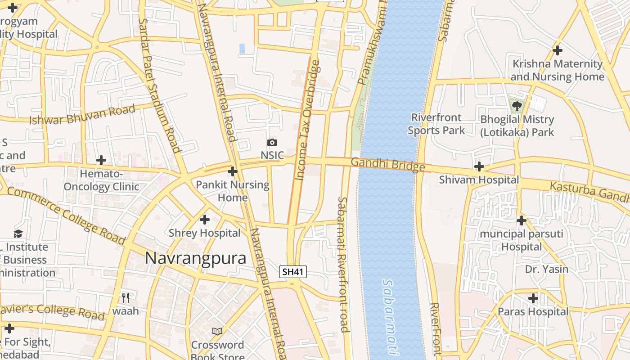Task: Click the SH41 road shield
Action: click(x=292, y=272)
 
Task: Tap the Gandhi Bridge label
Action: click(x=387, y=164)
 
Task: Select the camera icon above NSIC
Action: click(x=272, y=143)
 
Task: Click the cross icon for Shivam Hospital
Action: click(x=479, y=167)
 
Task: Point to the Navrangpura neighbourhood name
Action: click(x=196, y=258)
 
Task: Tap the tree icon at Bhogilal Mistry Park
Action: click(x=517, y=106)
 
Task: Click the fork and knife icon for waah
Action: click(x=126, y=297)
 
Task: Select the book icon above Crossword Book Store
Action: click(x=217, y=331)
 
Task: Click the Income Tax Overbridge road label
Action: click(x=308, y=120)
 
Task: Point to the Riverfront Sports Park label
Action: click(x=436, y=124)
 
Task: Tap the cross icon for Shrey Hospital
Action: click(x=205, y=220)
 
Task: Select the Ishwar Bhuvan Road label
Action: click(x=82, y=115)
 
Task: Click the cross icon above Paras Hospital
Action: click(x=533, y=298)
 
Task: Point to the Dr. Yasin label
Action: click(x=547, y=269)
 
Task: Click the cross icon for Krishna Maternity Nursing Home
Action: click(x=558, y=50)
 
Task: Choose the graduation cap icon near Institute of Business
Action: click(x=18, y=234)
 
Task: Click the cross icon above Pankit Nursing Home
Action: click(x=233, y=171)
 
